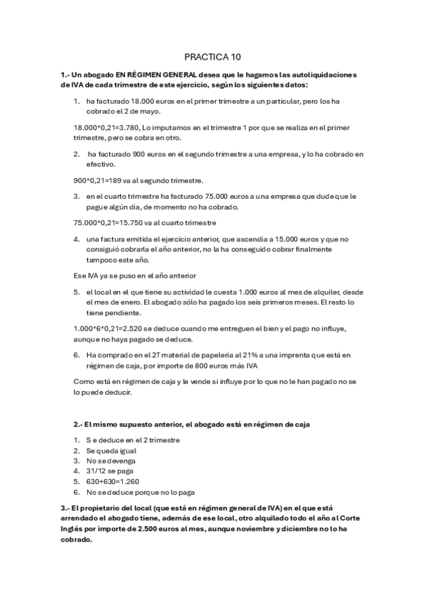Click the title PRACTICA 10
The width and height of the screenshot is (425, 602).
tap(212, 56)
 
